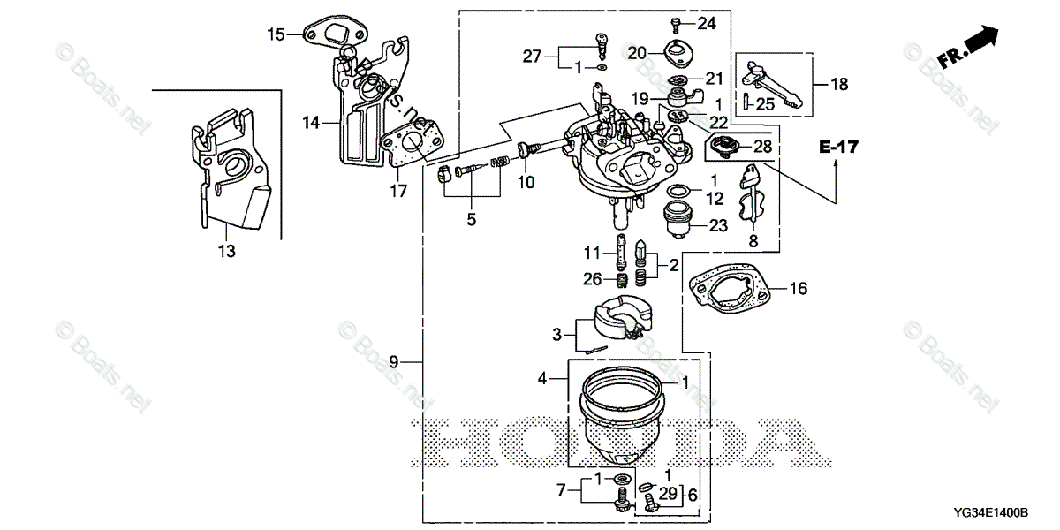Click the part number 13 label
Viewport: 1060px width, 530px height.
pos(227,252)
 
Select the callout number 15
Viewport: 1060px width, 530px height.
pos(276,34)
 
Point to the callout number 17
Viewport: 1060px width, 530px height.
pos(397,189)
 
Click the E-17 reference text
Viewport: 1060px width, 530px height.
pos(837,148)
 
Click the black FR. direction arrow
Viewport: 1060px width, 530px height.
pos(980,40)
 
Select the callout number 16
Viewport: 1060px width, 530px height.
pos(798,288)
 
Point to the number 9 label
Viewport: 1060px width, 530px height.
pos(394,360)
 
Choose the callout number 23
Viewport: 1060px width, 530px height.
pos(718,225)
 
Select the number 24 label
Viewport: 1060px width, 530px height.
pos(707,22)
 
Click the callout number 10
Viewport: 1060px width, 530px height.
pos(526,182)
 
